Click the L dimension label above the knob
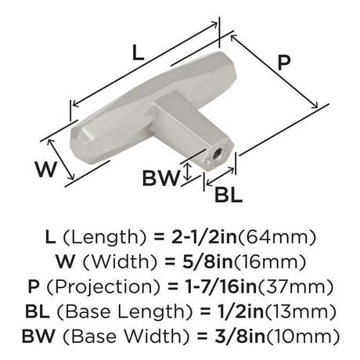(138, 52)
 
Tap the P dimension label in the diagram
(284, 63)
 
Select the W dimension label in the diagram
(45, 169)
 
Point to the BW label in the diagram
(161, 178)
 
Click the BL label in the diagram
(229, 195)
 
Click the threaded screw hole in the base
(216, 155)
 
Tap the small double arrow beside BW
(187, 171)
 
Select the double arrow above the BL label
(220, 177)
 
